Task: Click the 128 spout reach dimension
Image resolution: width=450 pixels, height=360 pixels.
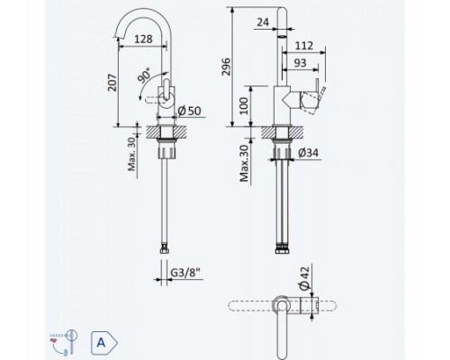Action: coord(143,39)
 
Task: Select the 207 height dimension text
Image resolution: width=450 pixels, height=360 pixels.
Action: coord(112,83)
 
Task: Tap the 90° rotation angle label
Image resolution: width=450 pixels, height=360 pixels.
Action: coord(144,76)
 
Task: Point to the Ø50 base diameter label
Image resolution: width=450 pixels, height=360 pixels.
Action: coord(189,111)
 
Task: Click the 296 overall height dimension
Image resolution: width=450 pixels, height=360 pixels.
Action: coord(227,67)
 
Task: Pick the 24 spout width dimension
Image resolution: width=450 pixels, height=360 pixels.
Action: coord(263,22)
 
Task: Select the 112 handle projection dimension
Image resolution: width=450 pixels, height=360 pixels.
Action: coord(304,46)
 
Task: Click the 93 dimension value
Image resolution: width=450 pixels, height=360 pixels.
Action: coord(300,63)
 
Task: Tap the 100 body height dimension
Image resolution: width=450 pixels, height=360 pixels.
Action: coord(244,105)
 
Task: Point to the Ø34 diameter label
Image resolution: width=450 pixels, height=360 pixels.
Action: coord(309,153)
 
